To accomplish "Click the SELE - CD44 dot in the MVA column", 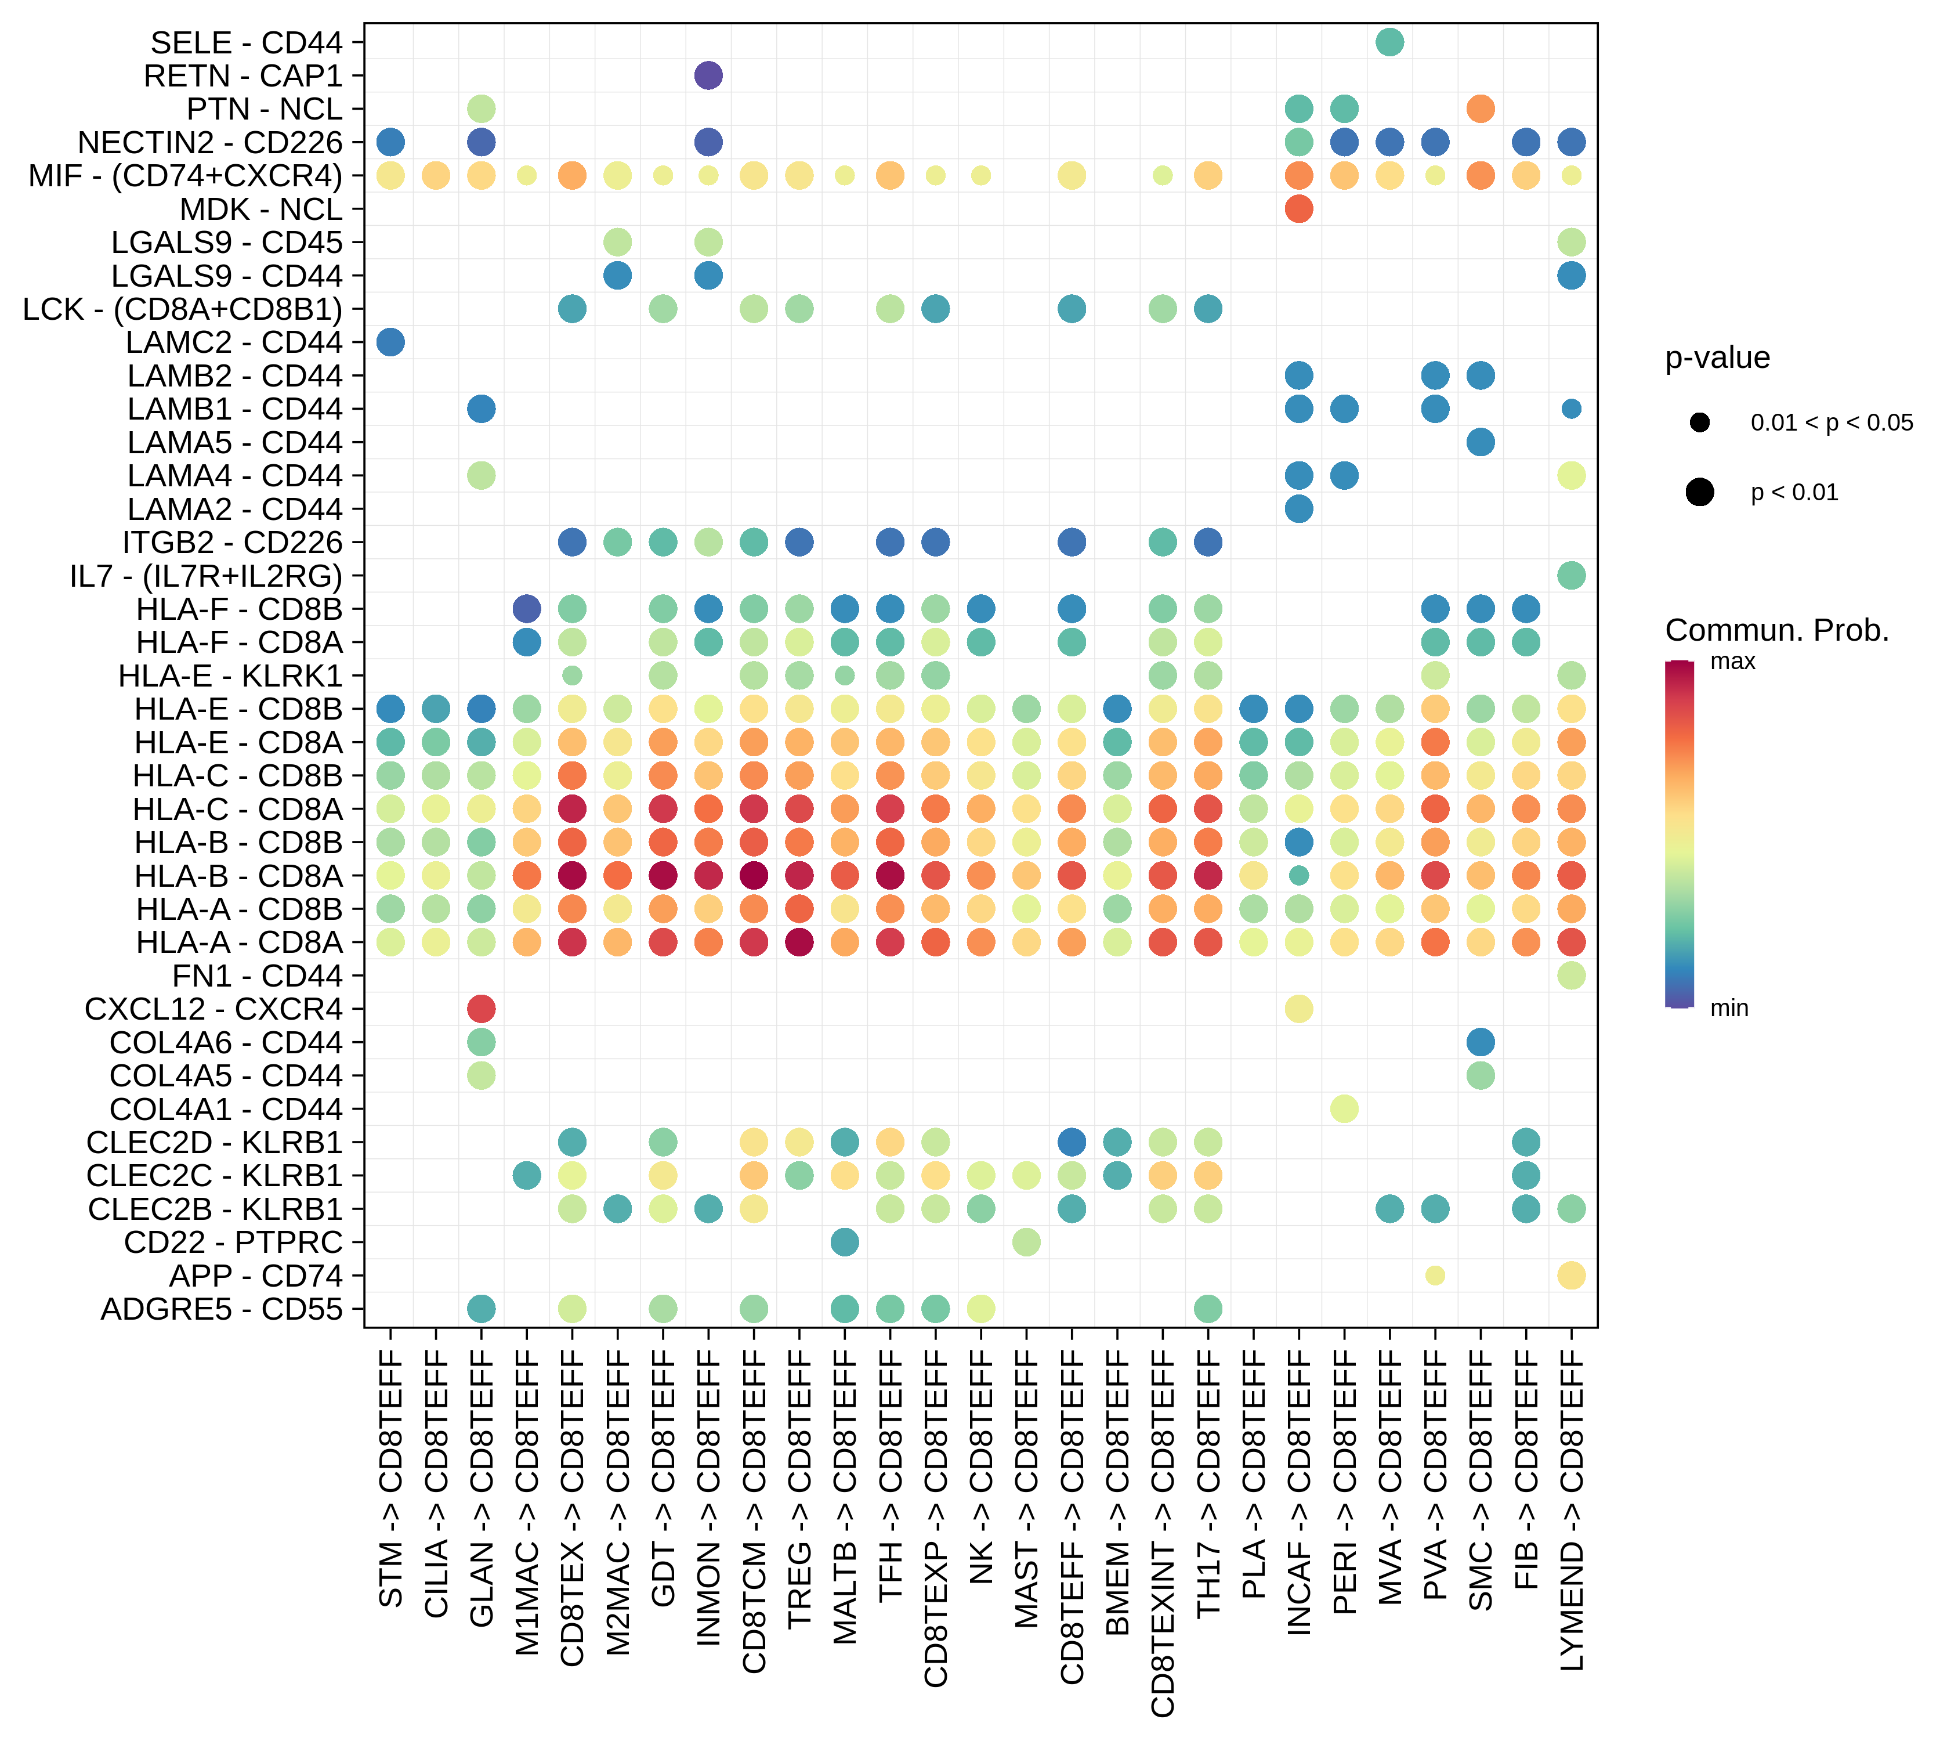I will [1389, 42].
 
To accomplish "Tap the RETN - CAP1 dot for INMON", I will [708, 75].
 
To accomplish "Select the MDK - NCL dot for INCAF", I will [1298, 209].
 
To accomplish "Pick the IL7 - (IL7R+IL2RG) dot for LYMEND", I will [1571, 575].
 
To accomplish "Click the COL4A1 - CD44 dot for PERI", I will [1344, 1108].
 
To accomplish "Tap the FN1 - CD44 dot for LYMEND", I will [1571, 976].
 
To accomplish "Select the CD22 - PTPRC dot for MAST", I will [1026, 1242].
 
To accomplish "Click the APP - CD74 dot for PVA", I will [1435, 1276].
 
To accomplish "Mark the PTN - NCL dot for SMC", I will [1480, 109].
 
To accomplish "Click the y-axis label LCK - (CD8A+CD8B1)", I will [182, 309].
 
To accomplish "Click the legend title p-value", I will [1718, 357].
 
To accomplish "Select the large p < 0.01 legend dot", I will [1699, 493].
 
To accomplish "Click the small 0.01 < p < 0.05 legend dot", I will [1699, 422].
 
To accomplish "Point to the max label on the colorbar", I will [1732, 661].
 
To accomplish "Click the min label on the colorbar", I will [1729, 1008].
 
